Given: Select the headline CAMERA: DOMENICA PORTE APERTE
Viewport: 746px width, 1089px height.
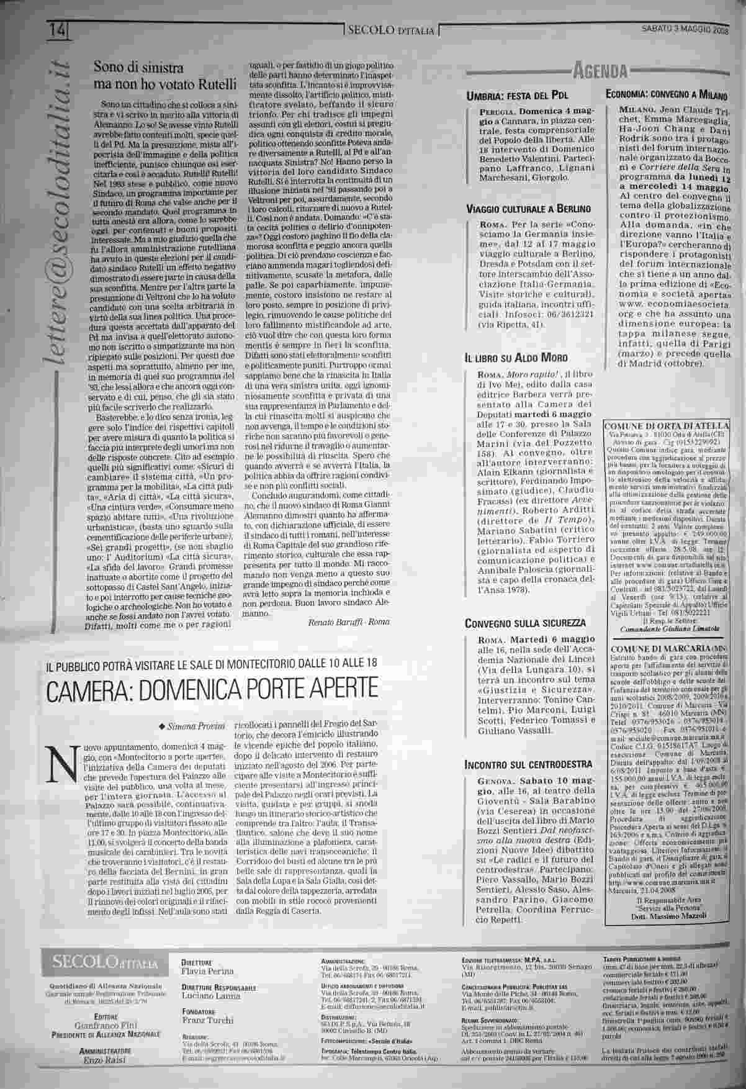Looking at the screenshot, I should [x=212, y=706].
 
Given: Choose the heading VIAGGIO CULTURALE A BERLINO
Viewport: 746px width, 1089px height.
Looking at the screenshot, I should [x=528, y=209].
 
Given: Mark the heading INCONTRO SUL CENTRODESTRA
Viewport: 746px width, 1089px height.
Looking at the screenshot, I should [x=528, y=764].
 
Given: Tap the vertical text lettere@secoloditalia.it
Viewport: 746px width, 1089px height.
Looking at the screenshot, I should [x=61, y=217].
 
